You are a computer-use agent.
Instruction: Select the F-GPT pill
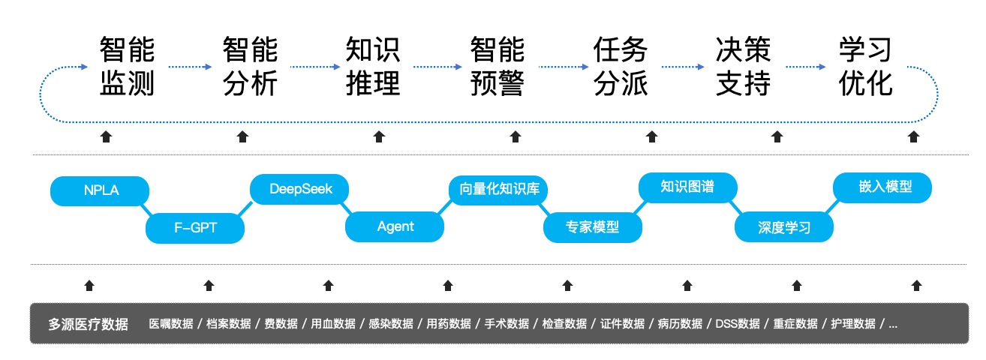click(x=195, y=227)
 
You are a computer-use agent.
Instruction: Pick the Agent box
click(x=395, y=226)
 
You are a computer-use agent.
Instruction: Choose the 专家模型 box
click(x=592, y=226)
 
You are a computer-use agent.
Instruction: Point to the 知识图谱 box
click(x=687, y=187)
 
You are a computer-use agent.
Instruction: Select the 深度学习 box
click(x=783, y=227)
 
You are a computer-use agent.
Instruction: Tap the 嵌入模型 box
click(x=882, y=187)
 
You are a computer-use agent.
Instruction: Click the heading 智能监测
click(x=127, y=67)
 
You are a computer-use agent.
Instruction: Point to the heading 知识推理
click(x=373, y=67)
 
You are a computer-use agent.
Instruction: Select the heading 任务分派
click(x=620, y=67)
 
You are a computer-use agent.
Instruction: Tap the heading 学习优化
click(x=866, y=67)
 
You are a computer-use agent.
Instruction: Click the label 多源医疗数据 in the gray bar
click(x=88, y=324)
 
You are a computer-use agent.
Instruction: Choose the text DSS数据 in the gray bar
click(x=737, y=324)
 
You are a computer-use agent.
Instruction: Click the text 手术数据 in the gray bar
click(x=507, y=324)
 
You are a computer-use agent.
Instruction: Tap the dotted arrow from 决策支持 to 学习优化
click(x=805, y=67)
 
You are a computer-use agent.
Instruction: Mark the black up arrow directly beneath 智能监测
click(x=106, y=136)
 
